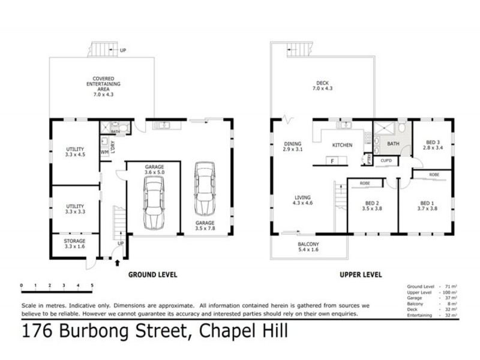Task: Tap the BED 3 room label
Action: (433, 145)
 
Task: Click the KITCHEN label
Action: (342, 145)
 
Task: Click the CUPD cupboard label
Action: (386, 160)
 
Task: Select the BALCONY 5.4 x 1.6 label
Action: (308, 247)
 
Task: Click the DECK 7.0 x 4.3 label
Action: (323, 86)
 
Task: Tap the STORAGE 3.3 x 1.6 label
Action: (74, 244)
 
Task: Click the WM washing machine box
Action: (104, 152)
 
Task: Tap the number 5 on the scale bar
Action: (92, 286)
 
